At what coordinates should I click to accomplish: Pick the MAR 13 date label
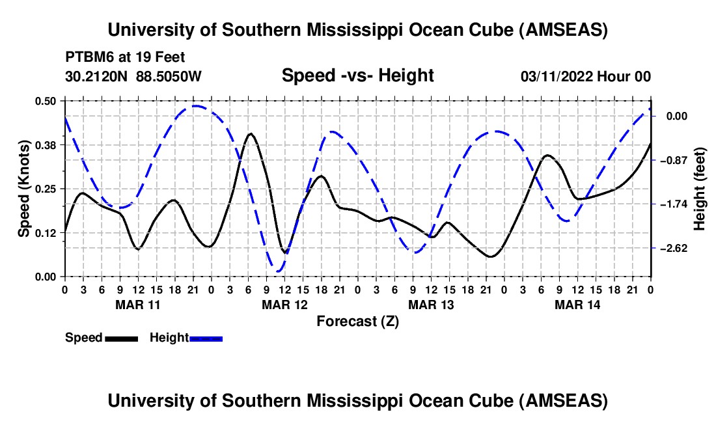(430, 305)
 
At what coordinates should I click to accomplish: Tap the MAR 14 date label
(577, 305)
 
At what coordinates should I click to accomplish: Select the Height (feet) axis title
(700, 189)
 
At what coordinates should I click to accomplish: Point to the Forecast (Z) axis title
(357, 321)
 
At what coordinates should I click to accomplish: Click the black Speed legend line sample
(121, 338)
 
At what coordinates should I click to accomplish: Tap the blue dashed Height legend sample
(206, 338)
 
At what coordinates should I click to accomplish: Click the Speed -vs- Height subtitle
(357, 76)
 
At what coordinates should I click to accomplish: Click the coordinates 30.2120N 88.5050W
(133, 77)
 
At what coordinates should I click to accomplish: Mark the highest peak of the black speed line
(251, 133)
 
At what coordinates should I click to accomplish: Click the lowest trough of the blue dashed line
(279, 271)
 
